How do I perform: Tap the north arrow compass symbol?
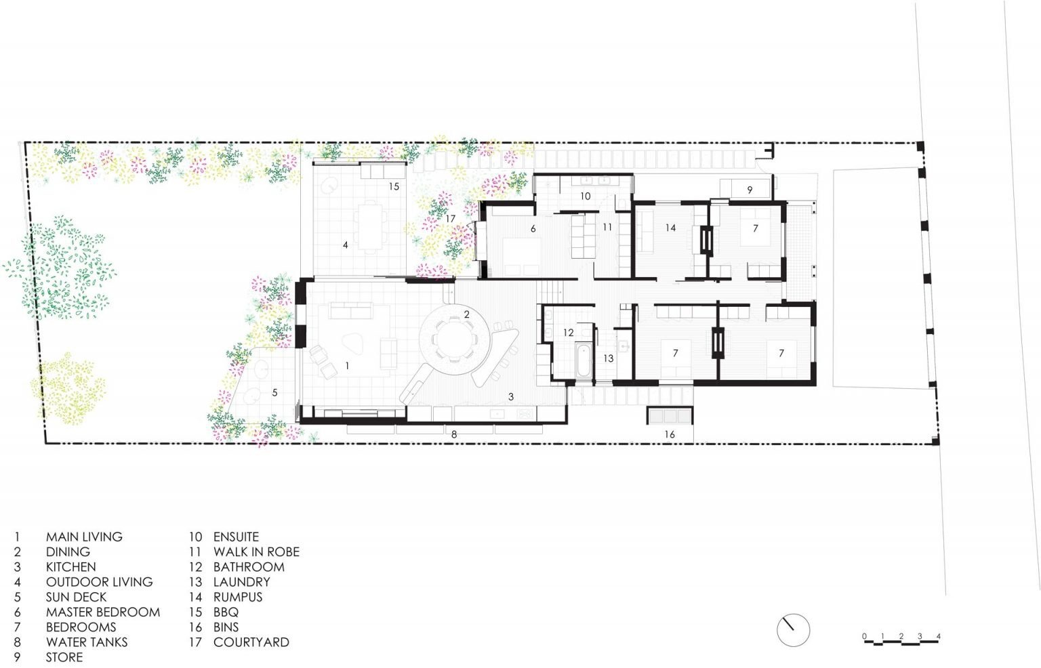click(x=793, y=630)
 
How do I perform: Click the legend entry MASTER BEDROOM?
click(x=102, y=612)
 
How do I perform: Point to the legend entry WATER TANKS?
click(x=86, y=642)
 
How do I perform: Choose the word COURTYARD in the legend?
click(x=251, y=642)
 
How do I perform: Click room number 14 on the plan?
click(x=670, y=228)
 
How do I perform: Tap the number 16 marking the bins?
click(x=670, y=434)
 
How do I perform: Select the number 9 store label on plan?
click(x=750, y=190)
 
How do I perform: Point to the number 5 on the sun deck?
click(x=274, y=392)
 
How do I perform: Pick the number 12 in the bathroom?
click(x=568, y=332)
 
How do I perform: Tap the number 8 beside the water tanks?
click(x=454, y=434)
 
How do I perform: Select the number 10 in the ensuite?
click(x=586, y=196)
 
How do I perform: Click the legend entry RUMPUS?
click(x=237, y=597)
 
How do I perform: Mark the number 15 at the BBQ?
click(x=394, y=186)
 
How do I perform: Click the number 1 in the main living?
click(x=347, y=365)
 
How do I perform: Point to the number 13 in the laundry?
click(x=608, y=358)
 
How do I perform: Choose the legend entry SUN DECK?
click(x=76, y=597)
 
